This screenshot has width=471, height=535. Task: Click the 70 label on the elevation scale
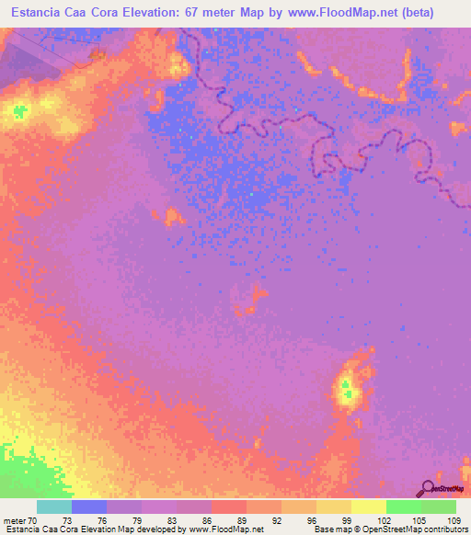34,519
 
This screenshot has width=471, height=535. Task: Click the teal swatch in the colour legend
54,507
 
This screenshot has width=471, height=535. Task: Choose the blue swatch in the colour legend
89,507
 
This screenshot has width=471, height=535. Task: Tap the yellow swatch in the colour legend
368,507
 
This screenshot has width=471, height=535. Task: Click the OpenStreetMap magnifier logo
427,487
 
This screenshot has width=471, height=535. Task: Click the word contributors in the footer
445,529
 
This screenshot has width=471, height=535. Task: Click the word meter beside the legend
14,519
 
